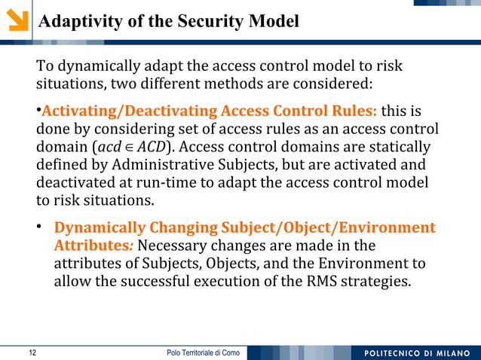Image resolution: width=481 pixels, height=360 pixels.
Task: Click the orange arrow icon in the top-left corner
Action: tap(16, 18)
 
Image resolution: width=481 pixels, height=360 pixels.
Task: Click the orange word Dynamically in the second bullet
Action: tap(101, 228)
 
